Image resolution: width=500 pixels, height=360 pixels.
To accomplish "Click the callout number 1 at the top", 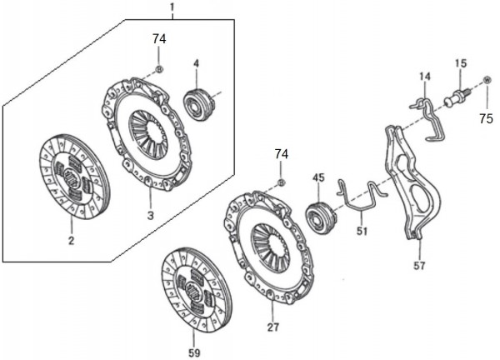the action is pos(172,7).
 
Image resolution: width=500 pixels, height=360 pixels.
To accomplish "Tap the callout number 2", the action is pos(71,241).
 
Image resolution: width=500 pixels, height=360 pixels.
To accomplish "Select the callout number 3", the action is pos(151,216).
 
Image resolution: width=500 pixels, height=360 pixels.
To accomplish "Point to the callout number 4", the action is pos(197,63).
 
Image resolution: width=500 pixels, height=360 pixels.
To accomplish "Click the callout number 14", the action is pos(425,77).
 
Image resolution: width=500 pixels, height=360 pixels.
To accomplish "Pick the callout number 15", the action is pos(461,63).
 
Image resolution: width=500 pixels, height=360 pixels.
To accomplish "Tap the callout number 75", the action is pos(487,119).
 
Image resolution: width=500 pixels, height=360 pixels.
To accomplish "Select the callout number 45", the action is pos(318,177).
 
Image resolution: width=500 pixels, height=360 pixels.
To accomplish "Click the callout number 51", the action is pos(362,231).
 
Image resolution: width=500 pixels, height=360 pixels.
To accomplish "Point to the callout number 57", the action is pos(419,265).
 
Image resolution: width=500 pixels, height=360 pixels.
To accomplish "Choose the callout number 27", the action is pos(273,327).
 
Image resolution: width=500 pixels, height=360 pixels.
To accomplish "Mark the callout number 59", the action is pos(194,352).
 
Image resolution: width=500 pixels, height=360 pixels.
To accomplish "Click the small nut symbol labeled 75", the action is pos(487,80).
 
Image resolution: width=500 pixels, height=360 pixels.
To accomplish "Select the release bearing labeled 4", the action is pos(197,104).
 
